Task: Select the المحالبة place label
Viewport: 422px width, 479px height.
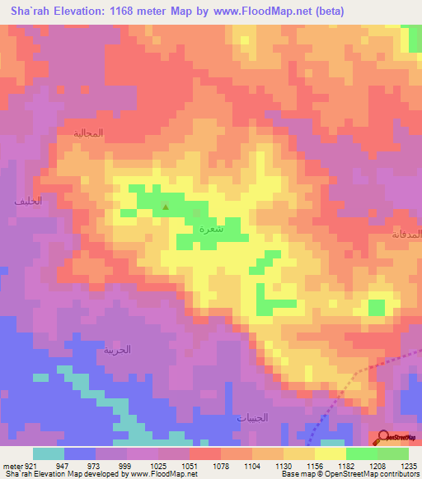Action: pos(88,133)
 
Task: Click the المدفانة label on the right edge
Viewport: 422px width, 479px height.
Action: pos(407,235)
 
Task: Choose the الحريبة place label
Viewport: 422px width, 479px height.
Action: pos(117,349)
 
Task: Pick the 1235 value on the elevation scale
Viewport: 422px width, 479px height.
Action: pos(408,465)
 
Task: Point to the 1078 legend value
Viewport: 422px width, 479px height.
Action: pos(220,465)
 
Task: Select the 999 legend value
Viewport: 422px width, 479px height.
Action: pos(126,465)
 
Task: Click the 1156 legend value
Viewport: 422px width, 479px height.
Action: pos(314,465)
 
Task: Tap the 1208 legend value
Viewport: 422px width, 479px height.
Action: pos(377,465)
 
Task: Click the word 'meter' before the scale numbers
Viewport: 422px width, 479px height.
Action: pos(12,465)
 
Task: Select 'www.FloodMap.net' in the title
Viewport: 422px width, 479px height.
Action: pos(260,12)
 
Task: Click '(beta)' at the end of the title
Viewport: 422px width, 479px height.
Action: pos(328,12)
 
